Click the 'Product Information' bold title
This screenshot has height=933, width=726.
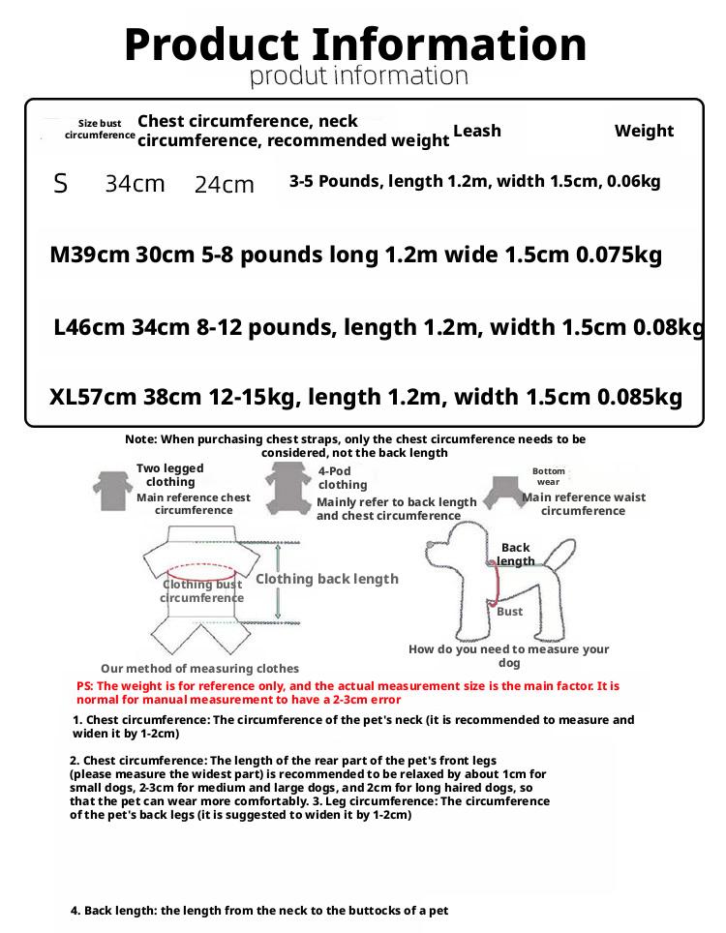coord(355,45)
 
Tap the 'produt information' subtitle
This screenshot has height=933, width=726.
coord(359,75)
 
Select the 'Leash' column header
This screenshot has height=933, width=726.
coord(477,131)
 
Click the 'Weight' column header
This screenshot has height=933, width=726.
coord(644,131)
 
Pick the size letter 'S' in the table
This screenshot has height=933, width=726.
coord(61,183)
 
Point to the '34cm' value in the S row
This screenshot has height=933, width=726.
coord(135,183)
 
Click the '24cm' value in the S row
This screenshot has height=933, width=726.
coord(224,184)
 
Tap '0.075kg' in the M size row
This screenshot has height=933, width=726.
coord(619,256)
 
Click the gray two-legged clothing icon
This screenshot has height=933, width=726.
coord(112,490)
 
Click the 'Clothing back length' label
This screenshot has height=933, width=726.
coord(327,579)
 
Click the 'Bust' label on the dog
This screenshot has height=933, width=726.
coord(509,612)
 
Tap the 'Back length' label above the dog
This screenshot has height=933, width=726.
coord(516,555)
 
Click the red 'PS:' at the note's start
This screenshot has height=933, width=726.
coord(85,685)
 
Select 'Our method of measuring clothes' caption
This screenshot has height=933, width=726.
coord(199,669)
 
